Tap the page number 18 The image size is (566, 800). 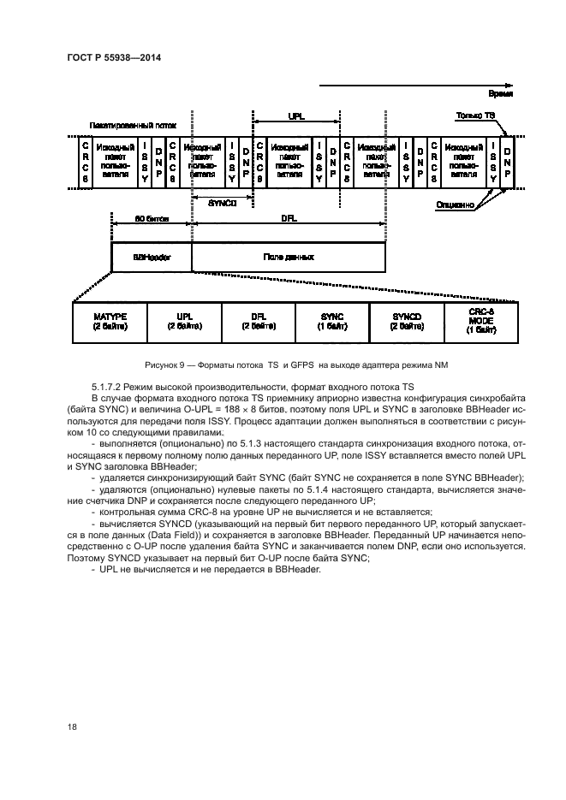(72, 727)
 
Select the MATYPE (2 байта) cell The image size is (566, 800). (110, 322)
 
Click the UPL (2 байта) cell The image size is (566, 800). (184, 322)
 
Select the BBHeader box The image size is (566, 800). (151, 256)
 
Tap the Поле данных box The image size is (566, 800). (288, 256)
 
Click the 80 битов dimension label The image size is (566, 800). (152, 219)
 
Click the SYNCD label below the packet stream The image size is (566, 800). (222, 203)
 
